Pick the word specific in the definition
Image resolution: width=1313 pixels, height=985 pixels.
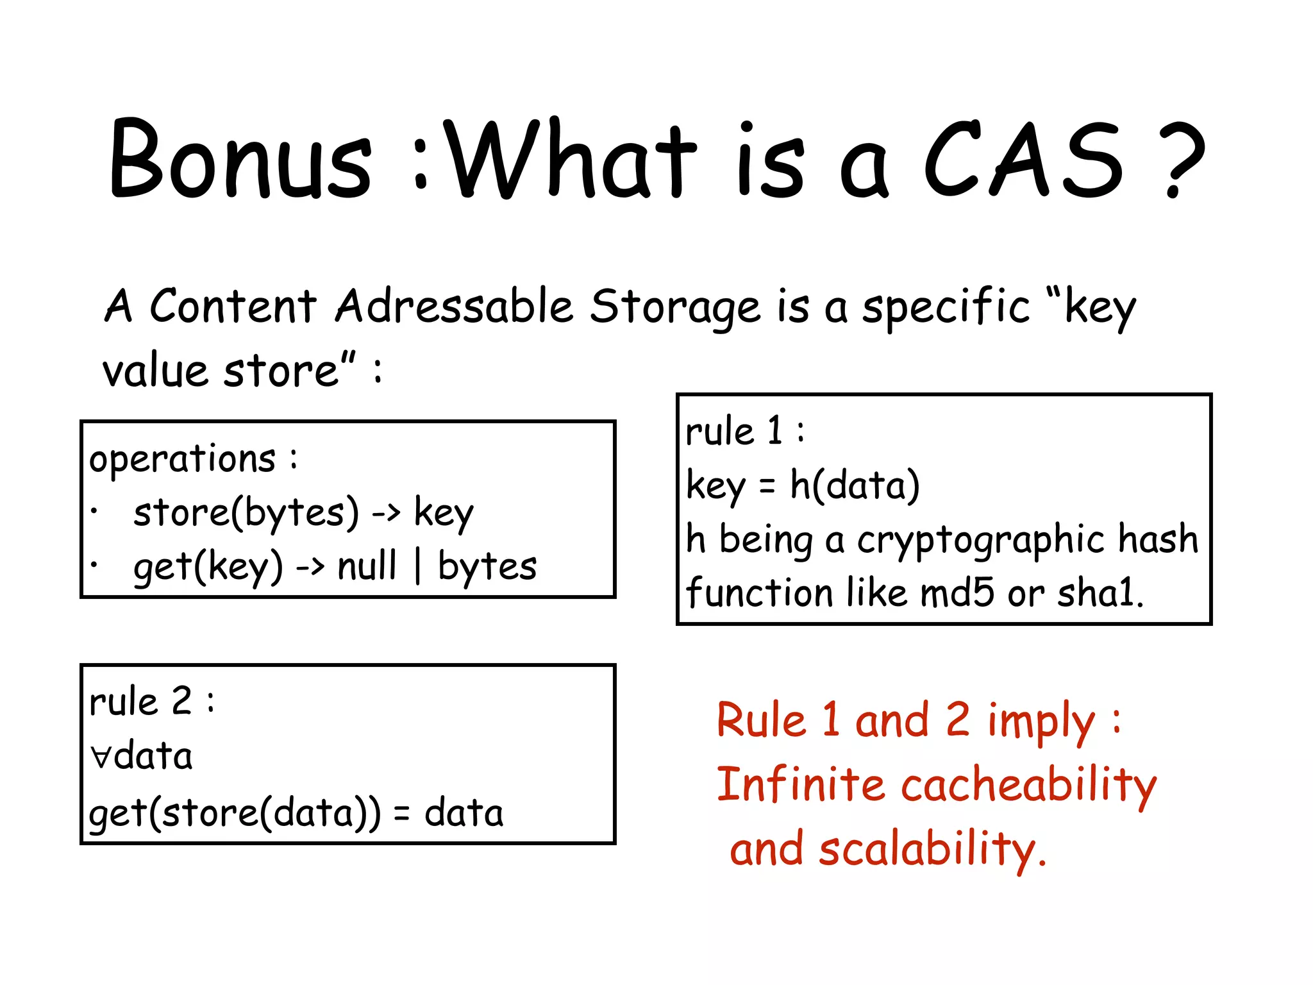946,307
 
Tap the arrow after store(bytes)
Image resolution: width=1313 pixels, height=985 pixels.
387,512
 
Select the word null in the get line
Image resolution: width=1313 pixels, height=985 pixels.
367,566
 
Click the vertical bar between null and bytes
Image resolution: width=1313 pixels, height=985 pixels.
418,566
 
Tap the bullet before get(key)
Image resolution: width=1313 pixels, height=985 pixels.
94,565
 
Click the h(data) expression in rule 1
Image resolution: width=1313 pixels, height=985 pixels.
855,485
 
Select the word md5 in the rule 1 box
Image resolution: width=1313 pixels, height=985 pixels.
957,593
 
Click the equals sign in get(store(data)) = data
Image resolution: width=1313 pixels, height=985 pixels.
401,814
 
